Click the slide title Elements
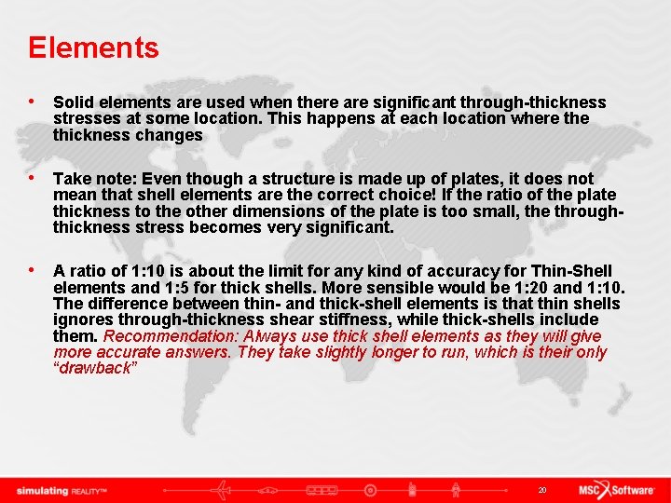(93, 48)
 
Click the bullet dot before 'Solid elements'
(33, 102)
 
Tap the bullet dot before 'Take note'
(33, 178)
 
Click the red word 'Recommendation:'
(171, 336)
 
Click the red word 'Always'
(271, 336)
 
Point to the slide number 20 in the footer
(542, 490)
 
